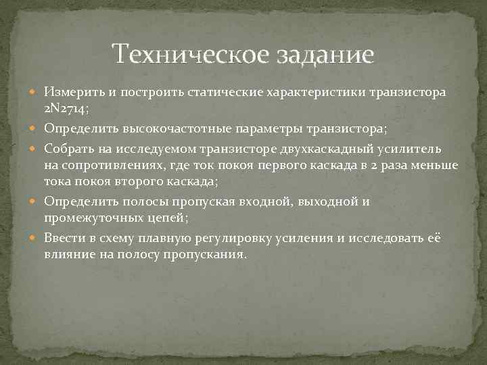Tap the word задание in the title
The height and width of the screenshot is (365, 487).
324,54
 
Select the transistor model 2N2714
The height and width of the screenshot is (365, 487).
64,109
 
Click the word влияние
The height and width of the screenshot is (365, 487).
68,255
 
